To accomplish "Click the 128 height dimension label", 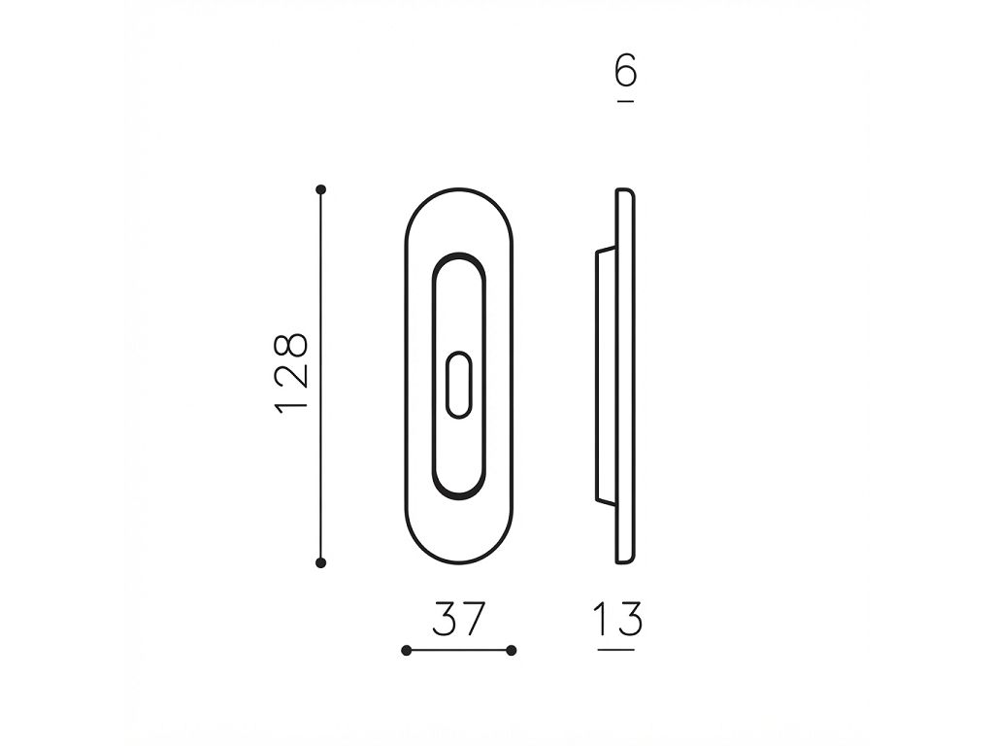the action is coord(291,372).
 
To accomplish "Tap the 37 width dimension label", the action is coord(459,619).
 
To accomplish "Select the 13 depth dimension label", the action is coord(617,619).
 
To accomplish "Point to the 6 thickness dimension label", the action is coord(626,70).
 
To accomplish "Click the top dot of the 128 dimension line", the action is coord(320,189).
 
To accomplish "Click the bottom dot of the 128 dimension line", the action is coord(320,562).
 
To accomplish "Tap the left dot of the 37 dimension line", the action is coord(407,650).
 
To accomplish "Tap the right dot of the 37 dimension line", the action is coord(512,650).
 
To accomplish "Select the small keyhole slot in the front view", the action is coord(459,385).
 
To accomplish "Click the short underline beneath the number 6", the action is coord(626,101).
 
